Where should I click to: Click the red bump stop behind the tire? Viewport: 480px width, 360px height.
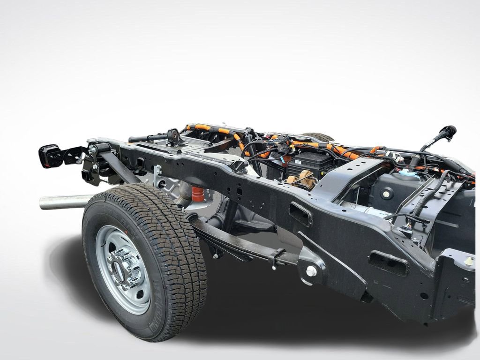[x=197, y=194]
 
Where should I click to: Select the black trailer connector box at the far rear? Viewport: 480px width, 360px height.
[x=51, y=156]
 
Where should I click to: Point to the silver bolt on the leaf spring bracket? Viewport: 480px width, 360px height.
[x=311, y=271]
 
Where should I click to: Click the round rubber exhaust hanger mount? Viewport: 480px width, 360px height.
[x=174, y=136]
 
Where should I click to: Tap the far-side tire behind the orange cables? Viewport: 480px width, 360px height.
[x=319, y=137]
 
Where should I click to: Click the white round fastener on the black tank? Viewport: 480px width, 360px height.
[x=387, y=194]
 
